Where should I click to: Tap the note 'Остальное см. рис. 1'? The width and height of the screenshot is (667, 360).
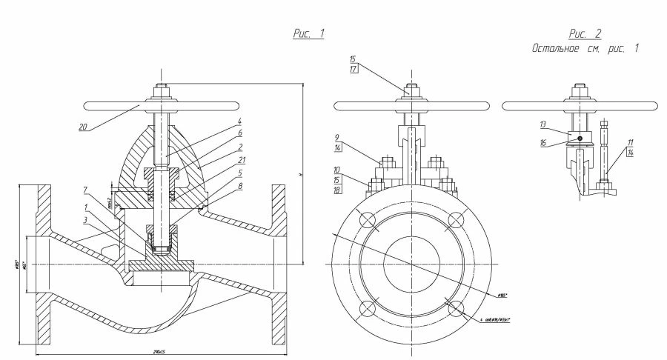[x=585, y=47]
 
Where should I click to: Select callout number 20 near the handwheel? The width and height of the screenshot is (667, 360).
[x=87, y=127]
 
